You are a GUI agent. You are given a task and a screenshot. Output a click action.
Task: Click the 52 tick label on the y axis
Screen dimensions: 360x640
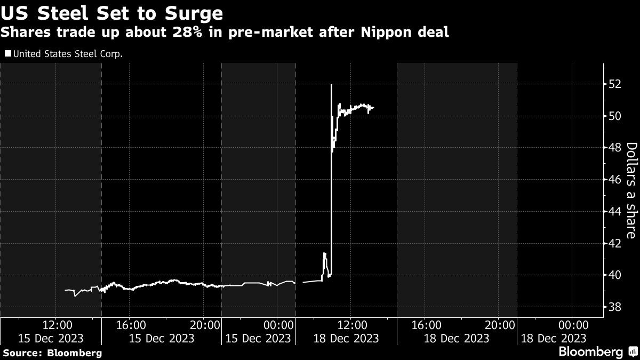tap(615, 84)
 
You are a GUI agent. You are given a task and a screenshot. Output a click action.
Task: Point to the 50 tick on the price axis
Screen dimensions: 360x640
tap(615, 116)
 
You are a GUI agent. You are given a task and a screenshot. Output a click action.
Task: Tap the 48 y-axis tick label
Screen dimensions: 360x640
tap(615, 148)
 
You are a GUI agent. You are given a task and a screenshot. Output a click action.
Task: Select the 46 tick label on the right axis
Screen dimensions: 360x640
tap(615, 180)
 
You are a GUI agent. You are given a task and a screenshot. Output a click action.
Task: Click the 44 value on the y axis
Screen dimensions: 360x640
tap(615, 211)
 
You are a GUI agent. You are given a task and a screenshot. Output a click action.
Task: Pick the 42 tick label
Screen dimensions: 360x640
tap(615, 243)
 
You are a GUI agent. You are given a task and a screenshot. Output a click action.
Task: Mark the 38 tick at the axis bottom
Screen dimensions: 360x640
tap(615, 307)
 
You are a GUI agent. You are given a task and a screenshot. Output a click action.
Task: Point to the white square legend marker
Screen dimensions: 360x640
tap(7, 53)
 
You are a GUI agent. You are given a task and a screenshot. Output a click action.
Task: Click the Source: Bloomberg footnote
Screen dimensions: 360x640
tap(52, 353)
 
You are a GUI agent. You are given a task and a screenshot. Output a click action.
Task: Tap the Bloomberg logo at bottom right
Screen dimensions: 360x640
tap(590, 352)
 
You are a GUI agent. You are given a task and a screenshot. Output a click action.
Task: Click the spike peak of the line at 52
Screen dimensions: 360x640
tap(332, 85)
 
